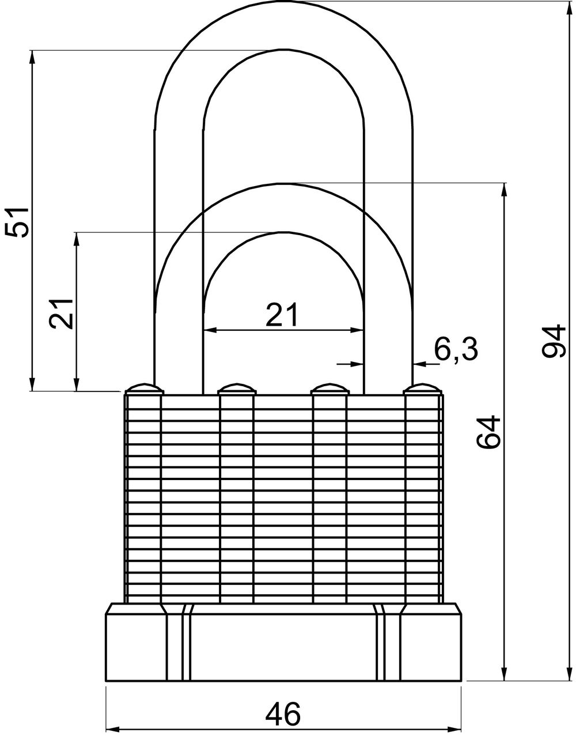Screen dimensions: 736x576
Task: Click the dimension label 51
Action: (17, 222)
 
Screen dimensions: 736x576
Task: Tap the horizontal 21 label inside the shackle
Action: (283, 315)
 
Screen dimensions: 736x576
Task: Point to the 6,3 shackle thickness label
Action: (456, 350)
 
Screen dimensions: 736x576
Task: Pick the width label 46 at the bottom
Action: (283, 714)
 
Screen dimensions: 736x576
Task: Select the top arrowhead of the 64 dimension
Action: (505, 190)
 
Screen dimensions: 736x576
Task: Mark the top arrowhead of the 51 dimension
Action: (32, 57)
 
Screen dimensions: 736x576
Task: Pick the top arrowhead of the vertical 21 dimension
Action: (76, 239)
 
